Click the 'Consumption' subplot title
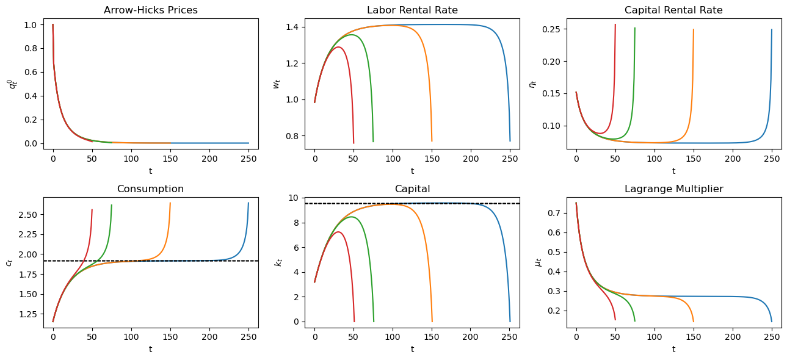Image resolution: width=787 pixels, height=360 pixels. coord(151,189)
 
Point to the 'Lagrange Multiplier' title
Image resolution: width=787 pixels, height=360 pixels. coord(673,189)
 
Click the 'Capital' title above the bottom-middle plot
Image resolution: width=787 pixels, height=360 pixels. coord(412,189)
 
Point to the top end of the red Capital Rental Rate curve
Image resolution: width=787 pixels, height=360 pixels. coord(615,24)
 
